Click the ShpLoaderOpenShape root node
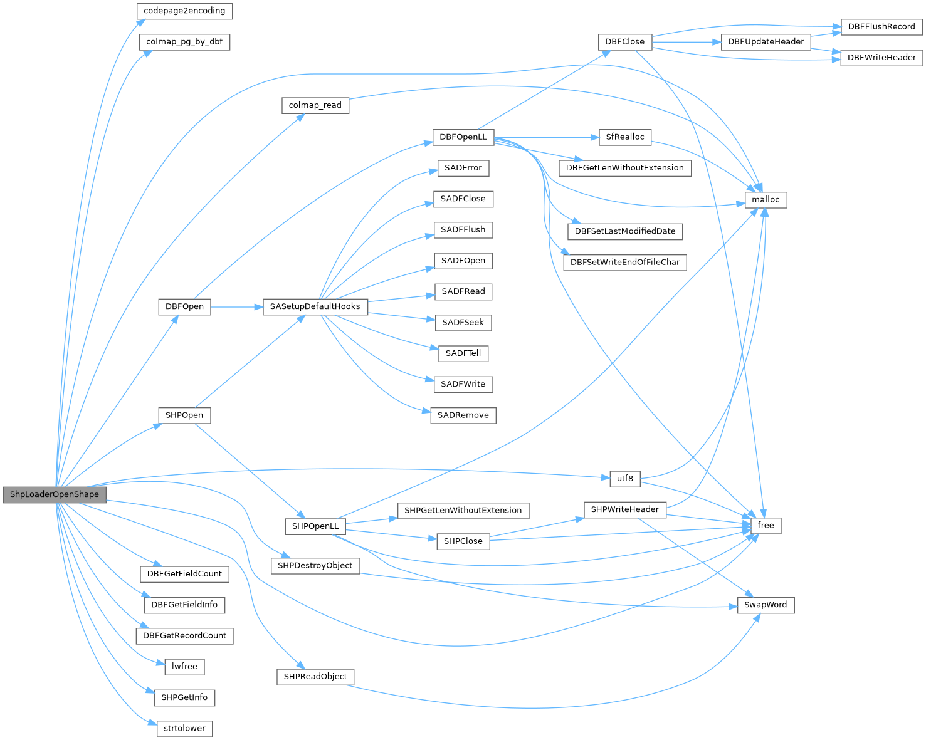(x=55, y=494)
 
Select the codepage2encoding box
(x=184, y=11)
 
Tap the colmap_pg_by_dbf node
(x=184, y=42)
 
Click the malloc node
(x=766, y=200)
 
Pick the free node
(x=766, y=525)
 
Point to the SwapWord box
(x=766, y=605)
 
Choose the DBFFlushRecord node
(x=881, y=26)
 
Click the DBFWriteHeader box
(x=881, y=58)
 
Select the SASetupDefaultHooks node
(x=315, y=306)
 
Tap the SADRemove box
(x=463, y=415)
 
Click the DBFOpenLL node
(x=463, y=137)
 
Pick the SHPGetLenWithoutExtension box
(x=463, y=511)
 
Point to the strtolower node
(x=184, y=728)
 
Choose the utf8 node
(x=625, y=479)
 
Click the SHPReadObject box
(x=315, y=677)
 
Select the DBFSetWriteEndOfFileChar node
(x=625, y=262)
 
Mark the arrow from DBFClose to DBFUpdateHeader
(x=687, y=42)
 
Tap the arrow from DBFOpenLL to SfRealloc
(x=546, y=137)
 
